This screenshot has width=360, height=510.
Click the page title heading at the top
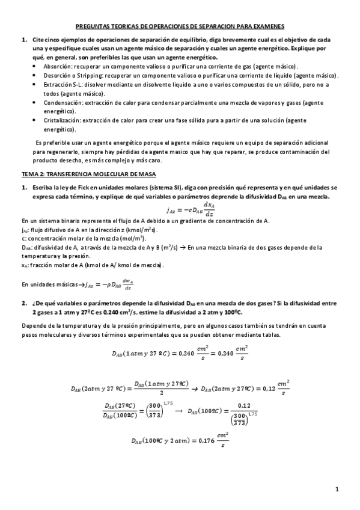pyautogui.click(x=180, y=27)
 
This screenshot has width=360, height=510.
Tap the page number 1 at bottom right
pyautogui.click(x=338, y=489)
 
